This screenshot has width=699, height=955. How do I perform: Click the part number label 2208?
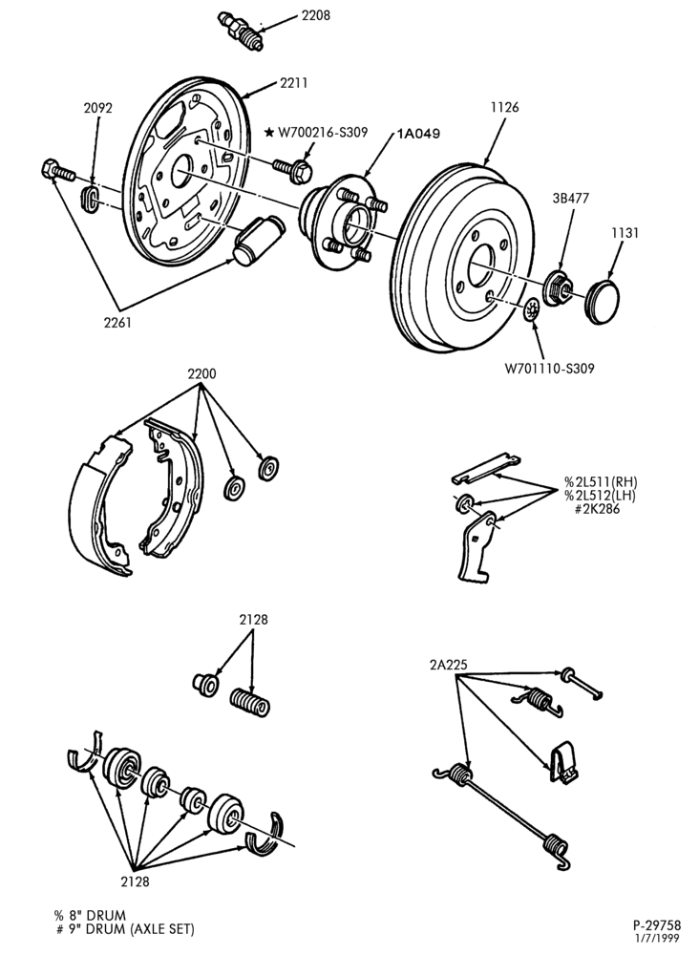click(315, 15)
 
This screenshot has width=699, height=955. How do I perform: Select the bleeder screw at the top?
click(241, 32)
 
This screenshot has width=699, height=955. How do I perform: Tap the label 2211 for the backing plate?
click(293, 83)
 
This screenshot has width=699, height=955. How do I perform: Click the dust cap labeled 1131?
click(602, 300)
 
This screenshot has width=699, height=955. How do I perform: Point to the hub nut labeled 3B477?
click(557, 288)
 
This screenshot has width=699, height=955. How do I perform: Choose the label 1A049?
click(418, 133)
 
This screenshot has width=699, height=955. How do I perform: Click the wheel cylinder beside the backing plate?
click(259, 241)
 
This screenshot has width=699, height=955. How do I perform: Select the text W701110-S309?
click(549, 368)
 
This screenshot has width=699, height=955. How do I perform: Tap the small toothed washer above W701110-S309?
click(532, 310)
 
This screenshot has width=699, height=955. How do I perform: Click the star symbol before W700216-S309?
click(269, 132)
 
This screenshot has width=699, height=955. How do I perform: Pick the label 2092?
click(98, 109)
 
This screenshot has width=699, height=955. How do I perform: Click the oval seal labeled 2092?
click(90, 199)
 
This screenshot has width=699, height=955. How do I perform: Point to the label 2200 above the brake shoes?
click(201, 373)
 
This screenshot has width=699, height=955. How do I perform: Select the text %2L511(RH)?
click(600, 481)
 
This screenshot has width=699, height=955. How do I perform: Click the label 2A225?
click(448, 665)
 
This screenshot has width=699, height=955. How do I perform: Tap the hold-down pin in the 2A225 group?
click(582, 684)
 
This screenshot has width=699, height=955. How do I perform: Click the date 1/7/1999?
click(660, 939)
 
